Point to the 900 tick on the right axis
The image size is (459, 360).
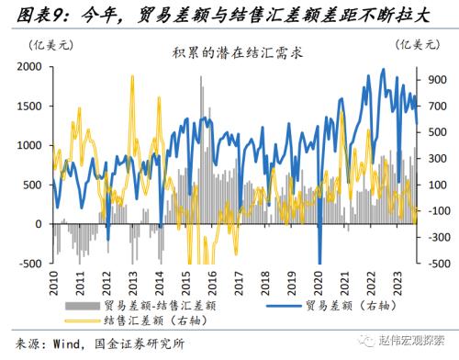(x=433, y=80)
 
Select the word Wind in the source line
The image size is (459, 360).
(x=69, y=346)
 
